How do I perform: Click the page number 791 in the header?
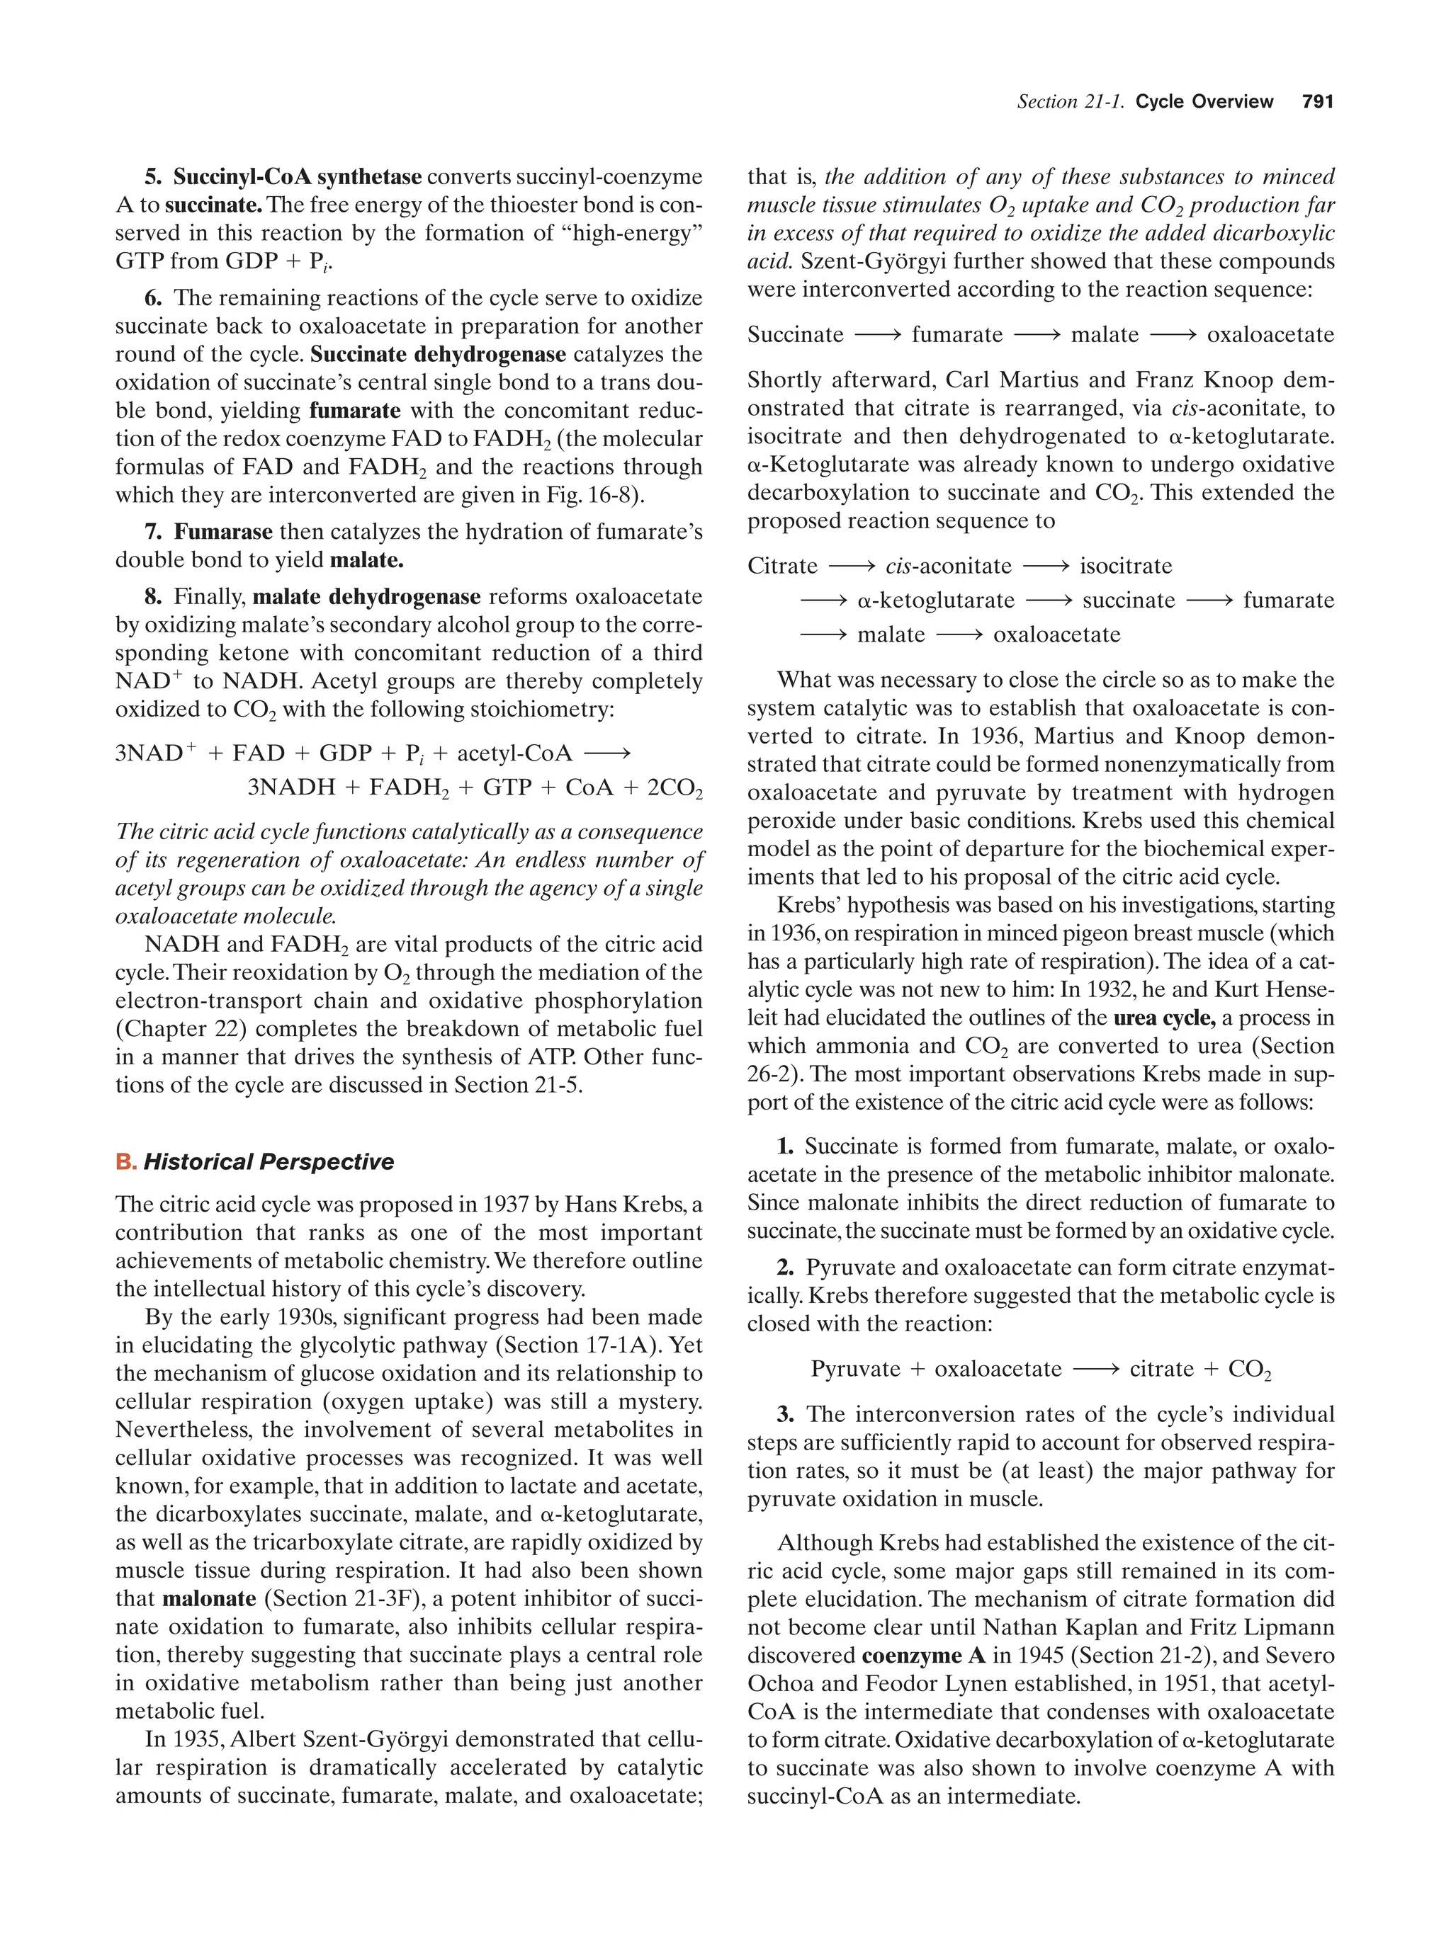(x=1318, y=102)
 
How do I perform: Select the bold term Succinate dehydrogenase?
(x=438, y=355)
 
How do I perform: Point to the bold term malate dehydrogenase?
(x=366, y=598)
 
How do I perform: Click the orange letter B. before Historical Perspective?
(x=125, y=1162)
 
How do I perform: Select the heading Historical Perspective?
(x=269, y=1162)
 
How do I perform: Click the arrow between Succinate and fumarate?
(x=877, y=335)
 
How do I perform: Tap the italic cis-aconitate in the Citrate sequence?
(x=948, y=567)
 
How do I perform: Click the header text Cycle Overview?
(x=1204, y=102)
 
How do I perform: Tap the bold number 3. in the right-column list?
(x=785, y=1415)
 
